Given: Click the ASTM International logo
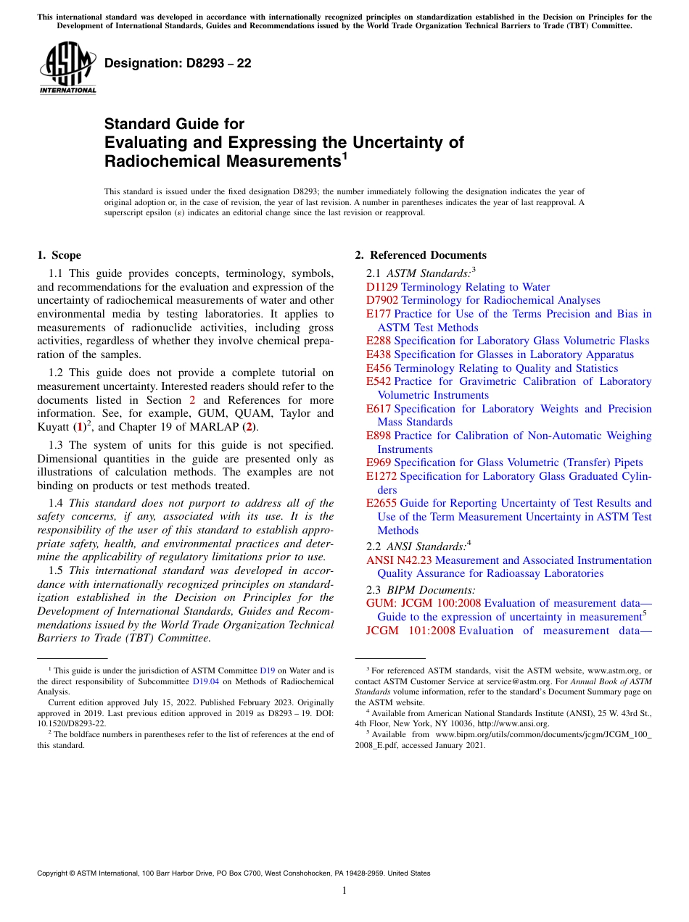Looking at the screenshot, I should point(67,68).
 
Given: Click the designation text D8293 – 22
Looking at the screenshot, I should point(178,64).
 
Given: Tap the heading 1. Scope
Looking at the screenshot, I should point(59,255).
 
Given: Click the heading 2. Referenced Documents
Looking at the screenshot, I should point(421,255).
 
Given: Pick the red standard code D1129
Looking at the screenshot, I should point(382,287).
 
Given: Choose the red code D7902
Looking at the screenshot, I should point(382,300).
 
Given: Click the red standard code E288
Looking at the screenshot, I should point(379,341).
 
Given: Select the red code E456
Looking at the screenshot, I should point(379,368).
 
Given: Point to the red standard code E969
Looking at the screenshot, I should point(379,462).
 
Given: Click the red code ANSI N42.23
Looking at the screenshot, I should point(399,560).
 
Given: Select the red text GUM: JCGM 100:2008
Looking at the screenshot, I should point(424,603).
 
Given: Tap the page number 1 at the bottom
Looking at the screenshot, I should point(344,891).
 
